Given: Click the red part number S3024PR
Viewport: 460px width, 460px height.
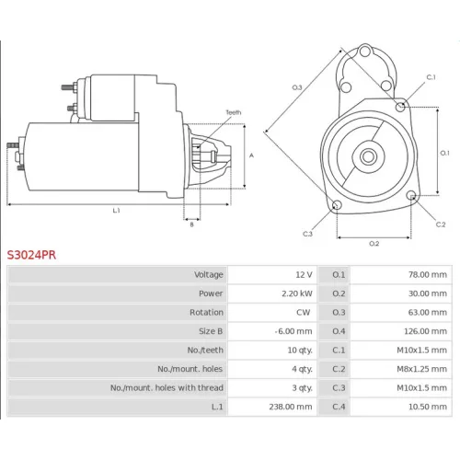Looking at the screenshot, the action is tap(31, 255).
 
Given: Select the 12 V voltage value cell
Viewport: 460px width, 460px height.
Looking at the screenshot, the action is tap(304, 274).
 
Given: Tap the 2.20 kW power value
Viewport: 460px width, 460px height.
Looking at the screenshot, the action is tap(297, 293).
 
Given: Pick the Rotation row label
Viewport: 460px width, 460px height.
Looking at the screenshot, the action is tap(206, 312).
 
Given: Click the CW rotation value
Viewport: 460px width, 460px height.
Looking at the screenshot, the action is tap(303, 312).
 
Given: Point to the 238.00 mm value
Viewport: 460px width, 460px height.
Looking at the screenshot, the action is tap(291, 407).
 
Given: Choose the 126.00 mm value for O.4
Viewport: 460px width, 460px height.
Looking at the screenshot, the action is tap(425, 331).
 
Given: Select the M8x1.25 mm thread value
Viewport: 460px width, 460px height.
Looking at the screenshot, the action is tap(421, 369).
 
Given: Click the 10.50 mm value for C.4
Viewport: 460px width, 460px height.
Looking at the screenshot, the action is tap(428, 407).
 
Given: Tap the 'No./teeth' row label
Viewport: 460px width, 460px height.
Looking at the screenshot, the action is tap(205, 350).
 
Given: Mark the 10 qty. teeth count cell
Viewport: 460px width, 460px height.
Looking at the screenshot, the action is tap(300, 350).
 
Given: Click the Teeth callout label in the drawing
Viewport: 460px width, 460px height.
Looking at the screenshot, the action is tap(234, 112).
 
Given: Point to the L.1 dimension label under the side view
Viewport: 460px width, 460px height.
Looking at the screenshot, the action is tap(116, 211).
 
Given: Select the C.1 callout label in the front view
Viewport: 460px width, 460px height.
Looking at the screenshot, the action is tap(431, 77).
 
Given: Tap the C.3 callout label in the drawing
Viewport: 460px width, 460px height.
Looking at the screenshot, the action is tap(307, 234).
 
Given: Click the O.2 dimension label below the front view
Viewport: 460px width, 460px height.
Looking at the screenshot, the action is tap(374, 244).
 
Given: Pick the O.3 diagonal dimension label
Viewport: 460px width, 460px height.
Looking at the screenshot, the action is tap(297, 87).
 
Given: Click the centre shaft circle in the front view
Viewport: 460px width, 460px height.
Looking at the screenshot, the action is tap(368, 156).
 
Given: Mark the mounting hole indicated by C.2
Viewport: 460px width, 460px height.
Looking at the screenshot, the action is tap(412, 195).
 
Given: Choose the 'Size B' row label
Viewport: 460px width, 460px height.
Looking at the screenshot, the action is tap(211, 331).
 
